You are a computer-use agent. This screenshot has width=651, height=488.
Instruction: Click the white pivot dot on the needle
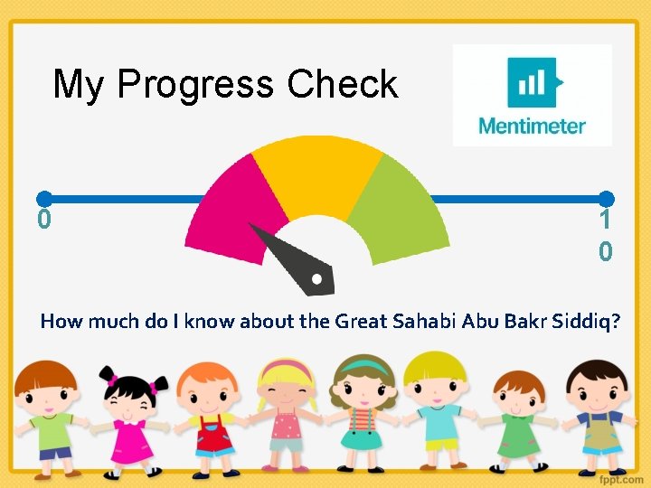(x=316, y=279)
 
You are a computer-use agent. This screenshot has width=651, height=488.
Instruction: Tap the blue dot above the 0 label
(x=43, y=198)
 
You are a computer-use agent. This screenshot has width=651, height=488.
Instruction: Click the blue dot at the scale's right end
(x=607, y=198)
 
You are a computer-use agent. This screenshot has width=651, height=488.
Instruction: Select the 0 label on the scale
(x=43, y=220)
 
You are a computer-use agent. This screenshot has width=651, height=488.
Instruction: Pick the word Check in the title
(x=343, y=84)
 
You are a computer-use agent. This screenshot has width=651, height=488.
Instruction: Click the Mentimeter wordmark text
(x=532, y=126)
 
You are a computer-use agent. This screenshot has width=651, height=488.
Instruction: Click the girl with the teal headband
(x=362, y=411)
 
